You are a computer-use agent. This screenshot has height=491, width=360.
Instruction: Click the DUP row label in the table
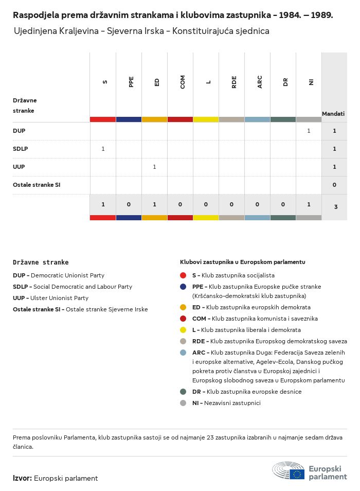[x=19, y=131]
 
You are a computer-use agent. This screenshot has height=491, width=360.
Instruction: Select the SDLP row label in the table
[x=21, y=149]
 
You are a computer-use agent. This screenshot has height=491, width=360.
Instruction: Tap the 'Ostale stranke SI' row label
[x=37, y=185]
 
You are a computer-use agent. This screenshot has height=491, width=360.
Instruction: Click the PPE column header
[x=131, y=82]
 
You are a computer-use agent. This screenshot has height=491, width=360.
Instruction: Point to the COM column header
[x=183, y=82]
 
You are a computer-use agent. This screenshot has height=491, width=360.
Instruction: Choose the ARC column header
[x=260, y=82]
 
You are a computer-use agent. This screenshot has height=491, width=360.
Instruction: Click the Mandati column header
[x=333, y=114]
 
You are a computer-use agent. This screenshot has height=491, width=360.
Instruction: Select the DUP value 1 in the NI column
[x=309, y=131]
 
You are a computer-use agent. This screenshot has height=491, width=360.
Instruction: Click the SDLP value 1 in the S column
[x=103, y=149]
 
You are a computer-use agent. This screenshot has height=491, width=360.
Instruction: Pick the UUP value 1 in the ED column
[x=154, y=167]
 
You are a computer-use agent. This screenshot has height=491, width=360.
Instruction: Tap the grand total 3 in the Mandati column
[x=336, y=207]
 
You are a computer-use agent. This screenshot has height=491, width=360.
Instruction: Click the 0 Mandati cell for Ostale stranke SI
[x=334, y=185]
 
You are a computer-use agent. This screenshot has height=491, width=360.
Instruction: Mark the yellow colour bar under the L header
[x=206, y=119]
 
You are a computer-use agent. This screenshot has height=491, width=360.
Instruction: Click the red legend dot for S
[x=183, y=275]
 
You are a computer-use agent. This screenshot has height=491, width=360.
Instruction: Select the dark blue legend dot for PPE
[x=183, y=287]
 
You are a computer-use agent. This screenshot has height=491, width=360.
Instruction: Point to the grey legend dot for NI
[x=183, y=403]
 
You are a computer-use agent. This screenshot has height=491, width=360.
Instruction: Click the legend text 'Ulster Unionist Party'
[x=60, y=298]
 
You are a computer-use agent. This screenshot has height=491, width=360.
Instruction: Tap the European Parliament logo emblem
[x=288, y=470]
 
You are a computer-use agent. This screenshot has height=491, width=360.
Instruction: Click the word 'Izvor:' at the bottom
[x=22, y=478]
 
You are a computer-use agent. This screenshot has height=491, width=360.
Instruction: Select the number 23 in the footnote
[x=210, y=437]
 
